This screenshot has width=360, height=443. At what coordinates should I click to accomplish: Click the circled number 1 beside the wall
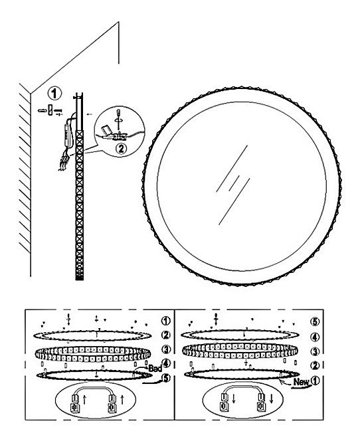(x=54, y=93)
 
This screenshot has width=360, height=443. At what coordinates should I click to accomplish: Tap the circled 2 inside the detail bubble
(x=122, y=148)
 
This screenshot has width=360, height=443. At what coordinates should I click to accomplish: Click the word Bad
(x=155, y=368)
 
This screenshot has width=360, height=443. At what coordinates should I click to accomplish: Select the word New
(x=302, y=382)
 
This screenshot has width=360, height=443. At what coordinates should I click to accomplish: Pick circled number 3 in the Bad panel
(x=166, y=349)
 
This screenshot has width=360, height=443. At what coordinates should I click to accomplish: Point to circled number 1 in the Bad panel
(x=166, y=321)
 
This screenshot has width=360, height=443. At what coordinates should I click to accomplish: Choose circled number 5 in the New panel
(x=315, y=321)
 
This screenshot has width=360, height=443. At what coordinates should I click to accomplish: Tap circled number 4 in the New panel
(x=315, y=337)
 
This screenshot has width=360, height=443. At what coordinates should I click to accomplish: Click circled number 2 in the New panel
(x=315, y=365)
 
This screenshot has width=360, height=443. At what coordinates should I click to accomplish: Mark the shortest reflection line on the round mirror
(x=234, y=183)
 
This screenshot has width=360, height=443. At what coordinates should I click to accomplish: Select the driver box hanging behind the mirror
(x=68, y=133)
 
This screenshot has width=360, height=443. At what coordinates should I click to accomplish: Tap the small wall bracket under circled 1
(x=50, y=110)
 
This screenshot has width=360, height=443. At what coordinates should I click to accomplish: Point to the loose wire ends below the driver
(x=62, y=163)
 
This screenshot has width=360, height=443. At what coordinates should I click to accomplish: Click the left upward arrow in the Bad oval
(x=84, y=400)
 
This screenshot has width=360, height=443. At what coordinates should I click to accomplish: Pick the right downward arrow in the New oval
(x=272, y=399)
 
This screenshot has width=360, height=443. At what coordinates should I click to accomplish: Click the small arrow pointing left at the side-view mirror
(x=90, y=114)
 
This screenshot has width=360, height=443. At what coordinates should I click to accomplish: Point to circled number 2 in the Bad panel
(x=166, y=335)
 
